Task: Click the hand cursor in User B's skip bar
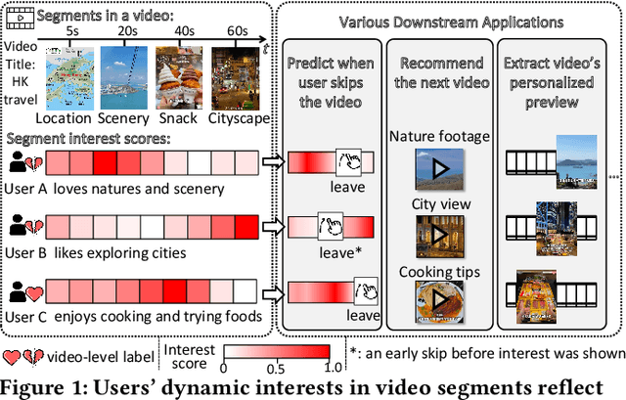click(331, 228)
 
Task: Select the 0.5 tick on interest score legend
click(276, 367)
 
